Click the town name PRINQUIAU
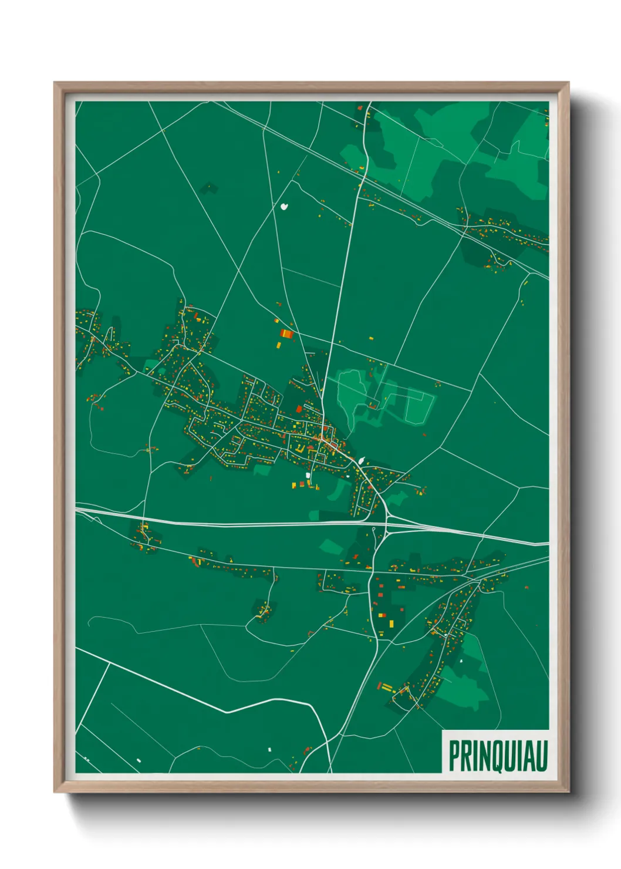(498, 755)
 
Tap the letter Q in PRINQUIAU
(498, 756)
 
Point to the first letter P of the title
(454, 756)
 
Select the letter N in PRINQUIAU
(483, 756)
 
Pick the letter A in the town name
(529, 756)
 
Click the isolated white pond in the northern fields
(285, 207)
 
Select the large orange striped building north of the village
(286, 334)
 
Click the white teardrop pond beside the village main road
(361, 462)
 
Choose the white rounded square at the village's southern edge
(307, 474)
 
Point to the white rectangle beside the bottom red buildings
(270, 750)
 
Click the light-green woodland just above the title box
(464, 687)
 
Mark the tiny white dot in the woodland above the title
(461, 661)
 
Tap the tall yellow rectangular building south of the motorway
(391, 621)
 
